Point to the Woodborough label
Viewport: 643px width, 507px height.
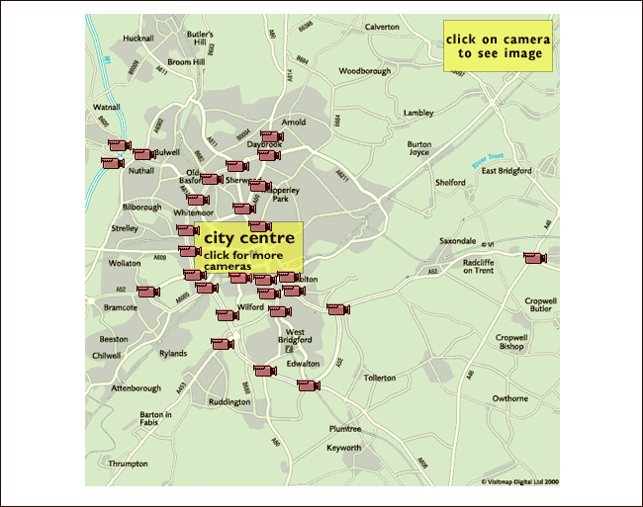tap(365, 71)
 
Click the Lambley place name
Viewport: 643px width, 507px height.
tap(418, 113)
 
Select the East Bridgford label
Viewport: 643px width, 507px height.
tap(506, 171)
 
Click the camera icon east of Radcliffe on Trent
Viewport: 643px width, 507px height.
tap(534, 258)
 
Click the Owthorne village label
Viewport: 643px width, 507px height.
tap(510, 398)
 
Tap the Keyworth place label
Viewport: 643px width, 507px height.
tap(344, 448)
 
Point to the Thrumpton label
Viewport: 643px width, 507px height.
tap(129, 464)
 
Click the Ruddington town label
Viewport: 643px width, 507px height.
tap(230, 402)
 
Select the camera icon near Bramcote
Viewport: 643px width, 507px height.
tap(147, 292)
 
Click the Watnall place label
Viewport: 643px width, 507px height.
tap(106, 107)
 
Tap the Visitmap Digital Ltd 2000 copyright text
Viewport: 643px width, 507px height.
tap(520, 482)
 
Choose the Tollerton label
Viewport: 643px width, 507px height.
tap(380, 378)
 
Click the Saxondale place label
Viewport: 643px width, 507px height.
tap(458, 241)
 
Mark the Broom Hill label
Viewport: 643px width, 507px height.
tap(186, 62)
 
